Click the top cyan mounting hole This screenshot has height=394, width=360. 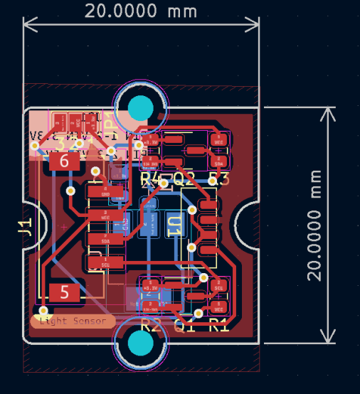[141, 107]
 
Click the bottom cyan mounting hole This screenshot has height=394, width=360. [141, 344]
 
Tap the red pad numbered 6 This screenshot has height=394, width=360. [65, 161]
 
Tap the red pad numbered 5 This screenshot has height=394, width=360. [65, 292]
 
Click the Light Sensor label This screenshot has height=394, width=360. [73, 321]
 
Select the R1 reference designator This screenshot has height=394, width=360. [219, 326]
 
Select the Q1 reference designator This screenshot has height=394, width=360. [184, 326]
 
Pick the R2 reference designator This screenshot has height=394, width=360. [151, 326]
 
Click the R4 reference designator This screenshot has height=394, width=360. [151, 179]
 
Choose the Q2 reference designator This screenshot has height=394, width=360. [184, 179]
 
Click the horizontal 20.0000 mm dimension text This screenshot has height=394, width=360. [142, 11]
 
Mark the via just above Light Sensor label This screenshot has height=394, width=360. [44, 311]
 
